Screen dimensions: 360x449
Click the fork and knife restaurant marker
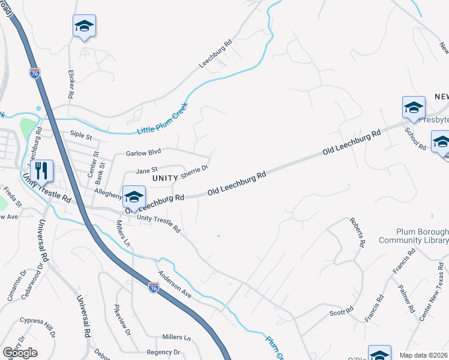coord(41,172)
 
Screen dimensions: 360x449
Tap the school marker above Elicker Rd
coord(85,26)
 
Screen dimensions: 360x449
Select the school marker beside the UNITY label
coord(134,197)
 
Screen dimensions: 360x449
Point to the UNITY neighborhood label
coord(165,178)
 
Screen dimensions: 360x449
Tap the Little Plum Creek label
coord(162,121)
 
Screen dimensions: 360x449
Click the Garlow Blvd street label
coord(143,154)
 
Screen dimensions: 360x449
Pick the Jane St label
coord(146,170)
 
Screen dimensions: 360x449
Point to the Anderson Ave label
coord(174,284)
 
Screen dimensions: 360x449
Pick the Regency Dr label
coord(163,352)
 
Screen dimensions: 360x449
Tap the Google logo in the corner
coord(20,353)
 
